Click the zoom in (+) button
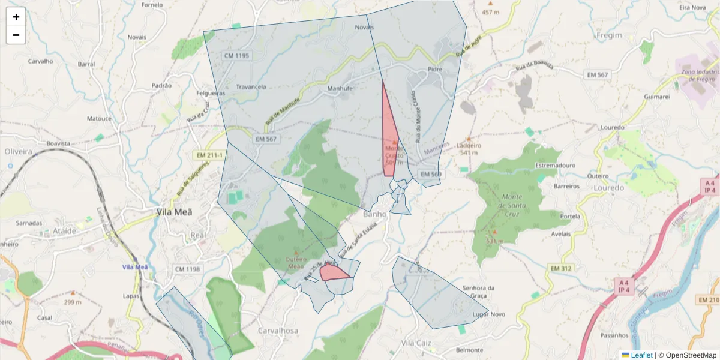tap(16, 17)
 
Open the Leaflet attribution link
tap(641, 355)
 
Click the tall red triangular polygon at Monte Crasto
tap(389, 138)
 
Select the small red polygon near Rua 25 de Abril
tap(333, 273)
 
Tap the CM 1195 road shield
tap(236, 56)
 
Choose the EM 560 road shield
tap(431, 174)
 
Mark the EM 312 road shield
tap(561, 268)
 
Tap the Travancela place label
tap(251, 87)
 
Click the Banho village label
tap(375, 214)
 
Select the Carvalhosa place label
tap(278, 331)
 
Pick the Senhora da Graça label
tap(474, 292)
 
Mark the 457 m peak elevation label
tap(490, 12)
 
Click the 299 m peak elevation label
tap(73, 302)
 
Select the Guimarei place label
tap(656, 97)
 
